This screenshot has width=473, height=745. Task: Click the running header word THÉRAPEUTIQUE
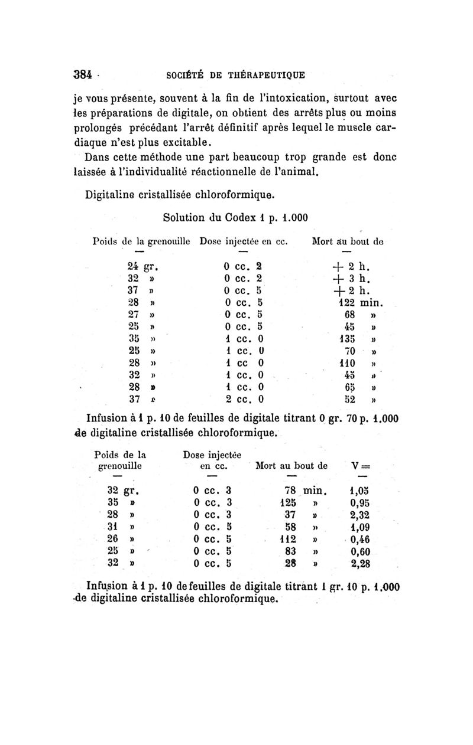[269, 75]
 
